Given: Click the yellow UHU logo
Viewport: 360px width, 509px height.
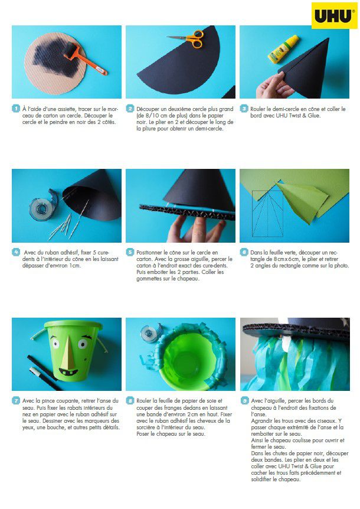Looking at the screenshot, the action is (334, 15).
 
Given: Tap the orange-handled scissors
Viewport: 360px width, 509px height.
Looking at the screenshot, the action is (188, 38).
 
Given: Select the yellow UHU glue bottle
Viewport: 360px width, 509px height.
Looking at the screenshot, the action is (283, 48).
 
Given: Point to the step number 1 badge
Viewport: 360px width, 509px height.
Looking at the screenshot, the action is (16, 109).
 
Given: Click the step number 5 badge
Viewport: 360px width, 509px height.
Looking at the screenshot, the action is (130, 252).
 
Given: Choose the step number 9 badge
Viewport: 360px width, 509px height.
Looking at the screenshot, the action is (244, 401).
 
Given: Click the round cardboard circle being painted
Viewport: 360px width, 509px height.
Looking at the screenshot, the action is (55, 63).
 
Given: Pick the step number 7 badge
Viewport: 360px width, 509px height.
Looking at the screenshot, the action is (16, 401).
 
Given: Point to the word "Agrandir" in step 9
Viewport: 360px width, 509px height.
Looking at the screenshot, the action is (261, 421).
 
